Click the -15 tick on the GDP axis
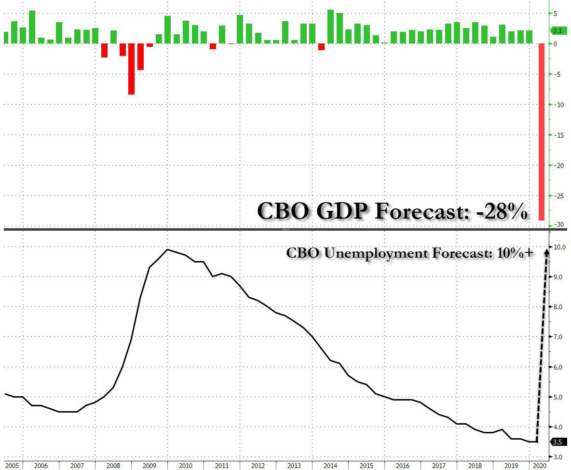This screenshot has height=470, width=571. click(x=557, y=135)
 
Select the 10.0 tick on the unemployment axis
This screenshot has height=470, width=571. click(x=559, y=247)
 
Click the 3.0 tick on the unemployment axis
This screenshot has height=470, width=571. click(x=558, y=456)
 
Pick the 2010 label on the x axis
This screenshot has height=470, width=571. click(x=185, y=466)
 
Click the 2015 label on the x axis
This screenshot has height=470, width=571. click(x=367, y=466)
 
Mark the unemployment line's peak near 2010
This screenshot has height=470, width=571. click(x=167, y=249)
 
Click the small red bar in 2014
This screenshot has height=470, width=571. click(x=322, y=46)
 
